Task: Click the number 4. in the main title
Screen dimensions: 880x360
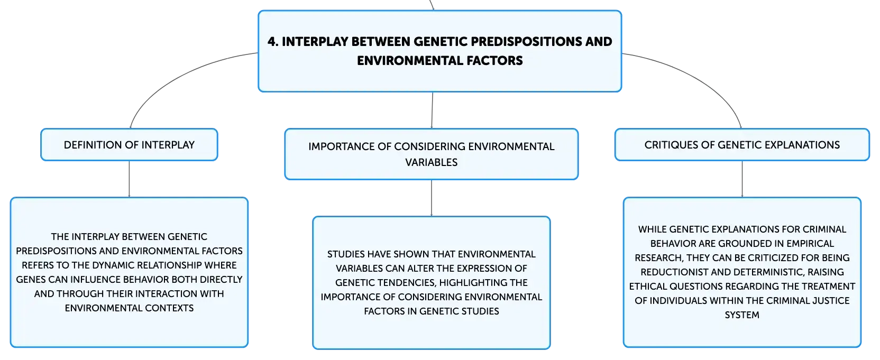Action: click(x=273, y=42)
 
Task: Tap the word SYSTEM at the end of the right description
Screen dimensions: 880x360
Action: click(x=742, y=315)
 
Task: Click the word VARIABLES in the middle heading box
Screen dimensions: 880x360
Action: click(x=432, y=162)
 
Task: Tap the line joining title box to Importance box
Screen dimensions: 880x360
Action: click(x=432, y=110)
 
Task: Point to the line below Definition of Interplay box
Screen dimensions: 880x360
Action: click(x=129, y=179)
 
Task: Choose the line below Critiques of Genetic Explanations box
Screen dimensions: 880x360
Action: click(x=742, y=179)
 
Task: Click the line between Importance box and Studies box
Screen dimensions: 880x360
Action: click(x=432, y=198)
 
